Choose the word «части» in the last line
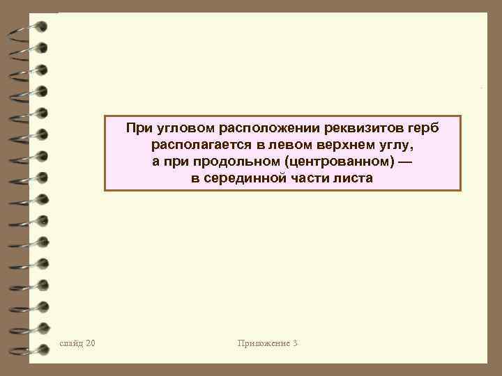pos(305,179)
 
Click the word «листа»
pos(351,179)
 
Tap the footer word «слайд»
pos(72,343)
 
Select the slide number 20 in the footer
pos(91,343)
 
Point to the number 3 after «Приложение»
pos(296,343)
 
